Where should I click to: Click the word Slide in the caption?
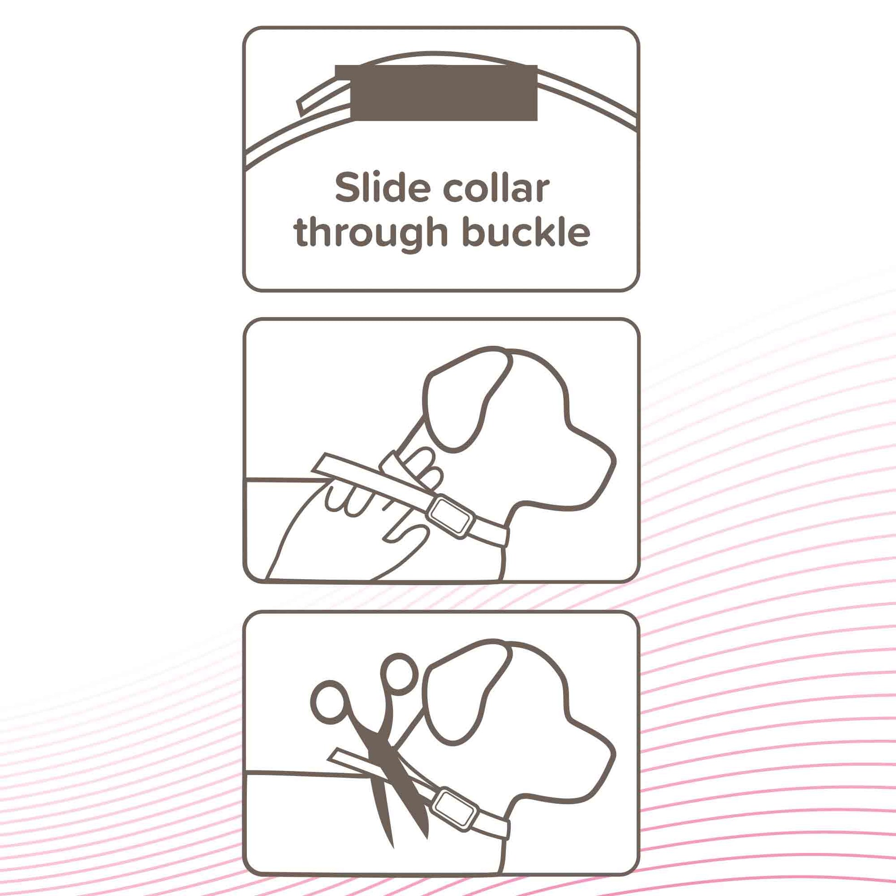(384, 188)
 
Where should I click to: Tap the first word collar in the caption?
(496, 188)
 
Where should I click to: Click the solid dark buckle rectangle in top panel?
(436, 93)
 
